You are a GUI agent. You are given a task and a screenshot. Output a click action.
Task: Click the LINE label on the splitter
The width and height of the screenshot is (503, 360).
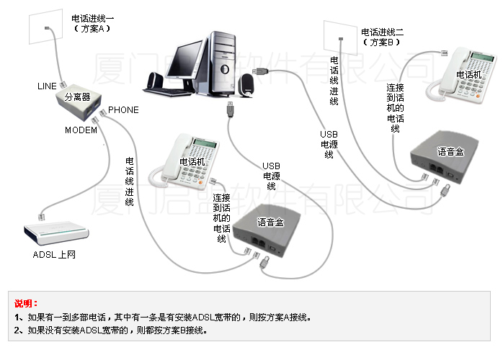(47, 86)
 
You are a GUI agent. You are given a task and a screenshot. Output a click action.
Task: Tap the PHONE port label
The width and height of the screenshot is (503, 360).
(123, 110)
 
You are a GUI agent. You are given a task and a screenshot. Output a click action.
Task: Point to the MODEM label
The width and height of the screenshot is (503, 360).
(81, 130)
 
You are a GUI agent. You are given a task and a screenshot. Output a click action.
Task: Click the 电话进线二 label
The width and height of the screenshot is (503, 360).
(382, 32)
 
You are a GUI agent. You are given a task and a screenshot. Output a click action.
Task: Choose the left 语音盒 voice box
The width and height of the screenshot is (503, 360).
(270, 230)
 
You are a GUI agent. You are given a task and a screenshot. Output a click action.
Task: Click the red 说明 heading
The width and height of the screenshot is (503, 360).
(26, 303)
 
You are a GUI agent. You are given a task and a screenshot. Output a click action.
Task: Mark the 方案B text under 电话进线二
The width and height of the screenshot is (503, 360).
(382, 42)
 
